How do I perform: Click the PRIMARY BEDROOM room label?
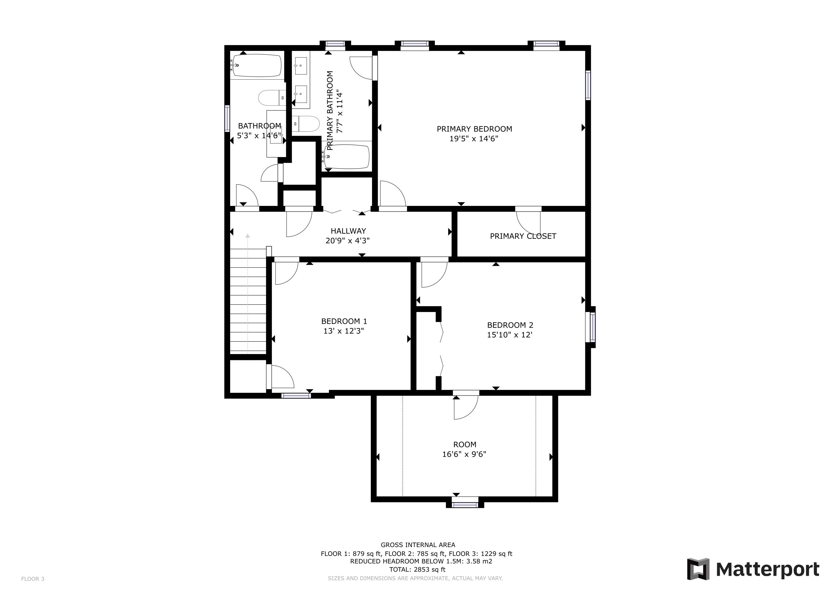(x=474, y=129)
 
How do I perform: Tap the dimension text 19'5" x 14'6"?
(x=474, y=139)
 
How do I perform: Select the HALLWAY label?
(x=348, y=231)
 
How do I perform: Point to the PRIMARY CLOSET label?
(x=523, y=236)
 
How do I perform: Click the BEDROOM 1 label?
(x=344, y=321)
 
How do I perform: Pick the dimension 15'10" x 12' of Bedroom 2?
(x=509, y=335)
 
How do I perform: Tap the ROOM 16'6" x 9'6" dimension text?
(x=464, y=454)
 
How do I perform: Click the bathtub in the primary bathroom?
(x=347, y=157)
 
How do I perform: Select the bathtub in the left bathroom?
(x=257, y=65)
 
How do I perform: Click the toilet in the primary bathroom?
(x=306, y=124)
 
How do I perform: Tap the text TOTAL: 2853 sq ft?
(x=417, y=569)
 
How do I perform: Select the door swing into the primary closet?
(x=528, y=223)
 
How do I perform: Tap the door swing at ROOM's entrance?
(x=466, y=407)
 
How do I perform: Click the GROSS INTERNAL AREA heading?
(x=418, y=545)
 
